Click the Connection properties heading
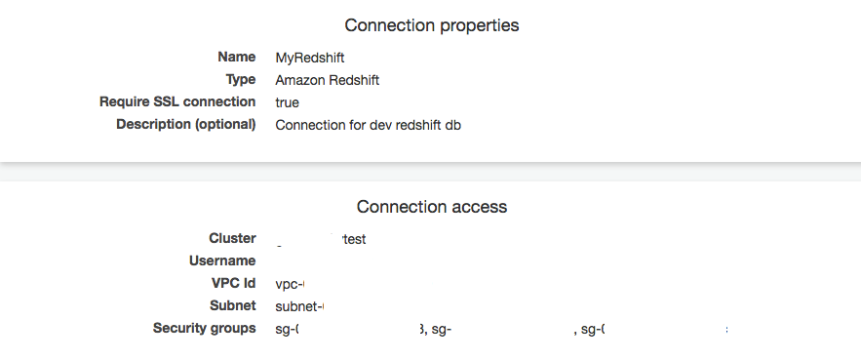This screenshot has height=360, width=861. coord(431,26)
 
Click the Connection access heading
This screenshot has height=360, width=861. coord(431,207)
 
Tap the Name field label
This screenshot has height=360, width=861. coord(236,58)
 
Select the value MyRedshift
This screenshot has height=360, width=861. coord(310,58)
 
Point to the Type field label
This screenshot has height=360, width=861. coord(240,80)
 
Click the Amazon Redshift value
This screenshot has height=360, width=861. coord(327,80)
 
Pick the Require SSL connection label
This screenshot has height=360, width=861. coord(177,101)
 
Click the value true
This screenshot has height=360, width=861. coord(287,102)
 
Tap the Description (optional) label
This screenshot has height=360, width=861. coord(185,124)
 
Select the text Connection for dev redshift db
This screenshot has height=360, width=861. coord(368,125)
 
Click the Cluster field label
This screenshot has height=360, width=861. coord(232,238)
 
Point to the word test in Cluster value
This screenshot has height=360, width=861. coord(354,239)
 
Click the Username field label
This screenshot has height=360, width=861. coord(222,260)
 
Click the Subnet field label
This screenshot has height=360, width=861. coord(232,305)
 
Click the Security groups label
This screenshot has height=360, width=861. coord(204,328)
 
